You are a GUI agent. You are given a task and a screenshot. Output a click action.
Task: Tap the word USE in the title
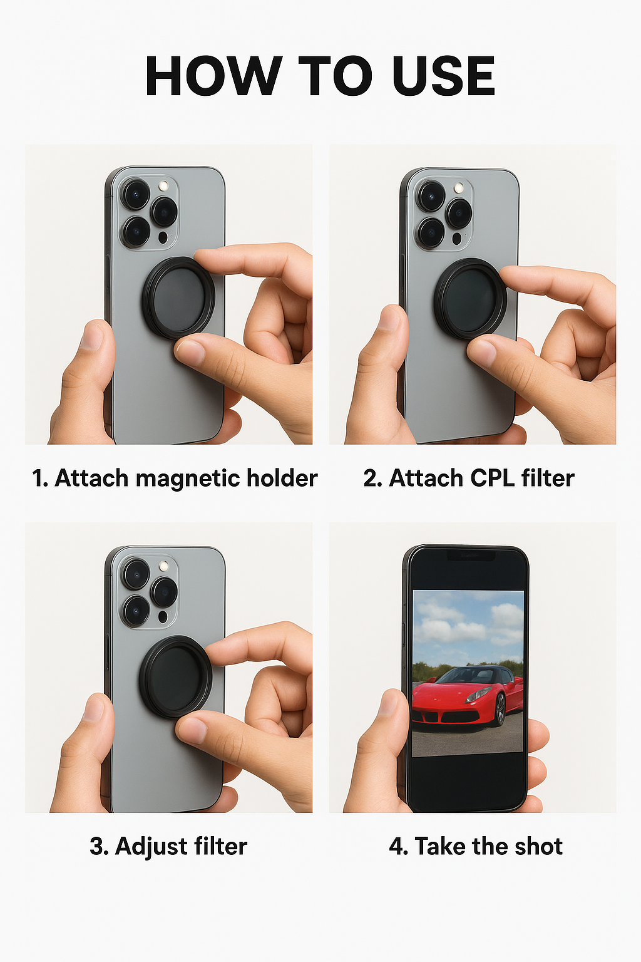[443, 76]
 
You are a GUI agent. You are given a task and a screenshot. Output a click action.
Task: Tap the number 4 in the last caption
[396, 847]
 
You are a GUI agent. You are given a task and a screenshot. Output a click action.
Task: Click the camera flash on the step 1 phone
[163, 186]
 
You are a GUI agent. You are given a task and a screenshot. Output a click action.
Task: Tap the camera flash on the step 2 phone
[459, 188]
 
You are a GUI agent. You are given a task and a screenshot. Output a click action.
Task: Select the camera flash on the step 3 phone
[163, 566]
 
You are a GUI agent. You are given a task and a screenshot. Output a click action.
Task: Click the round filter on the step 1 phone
[178, 298]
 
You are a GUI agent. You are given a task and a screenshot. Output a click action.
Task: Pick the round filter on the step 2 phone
[471, 299]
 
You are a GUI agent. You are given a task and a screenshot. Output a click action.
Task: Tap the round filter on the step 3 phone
[176, 677]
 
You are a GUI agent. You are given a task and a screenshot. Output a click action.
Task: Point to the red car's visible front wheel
[500, 709]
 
